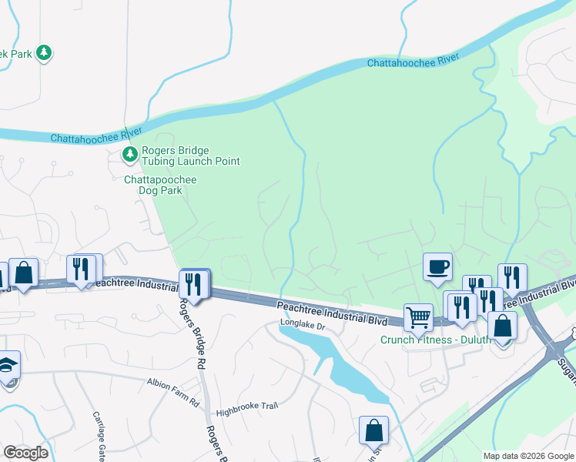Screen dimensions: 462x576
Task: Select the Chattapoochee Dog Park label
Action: (160, 185)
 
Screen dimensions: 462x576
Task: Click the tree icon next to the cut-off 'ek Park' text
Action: (45, 52)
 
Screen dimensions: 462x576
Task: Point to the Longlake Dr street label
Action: (303, 325)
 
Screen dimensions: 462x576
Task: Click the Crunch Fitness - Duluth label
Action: (435, 340)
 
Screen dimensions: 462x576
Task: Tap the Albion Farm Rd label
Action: (173, 382)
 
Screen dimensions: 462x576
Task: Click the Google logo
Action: (25, 453)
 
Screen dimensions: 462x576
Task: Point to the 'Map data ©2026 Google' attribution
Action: (527, 456)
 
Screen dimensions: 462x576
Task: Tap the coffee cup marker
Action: (437, 266)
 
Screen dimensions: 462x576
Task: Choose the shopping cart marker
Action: (417, 316)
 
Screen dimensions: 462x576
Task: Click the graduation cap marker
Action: (6, 365)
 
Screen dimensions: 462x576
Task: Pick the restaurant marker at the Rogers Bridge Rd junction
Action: (193, 284)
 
